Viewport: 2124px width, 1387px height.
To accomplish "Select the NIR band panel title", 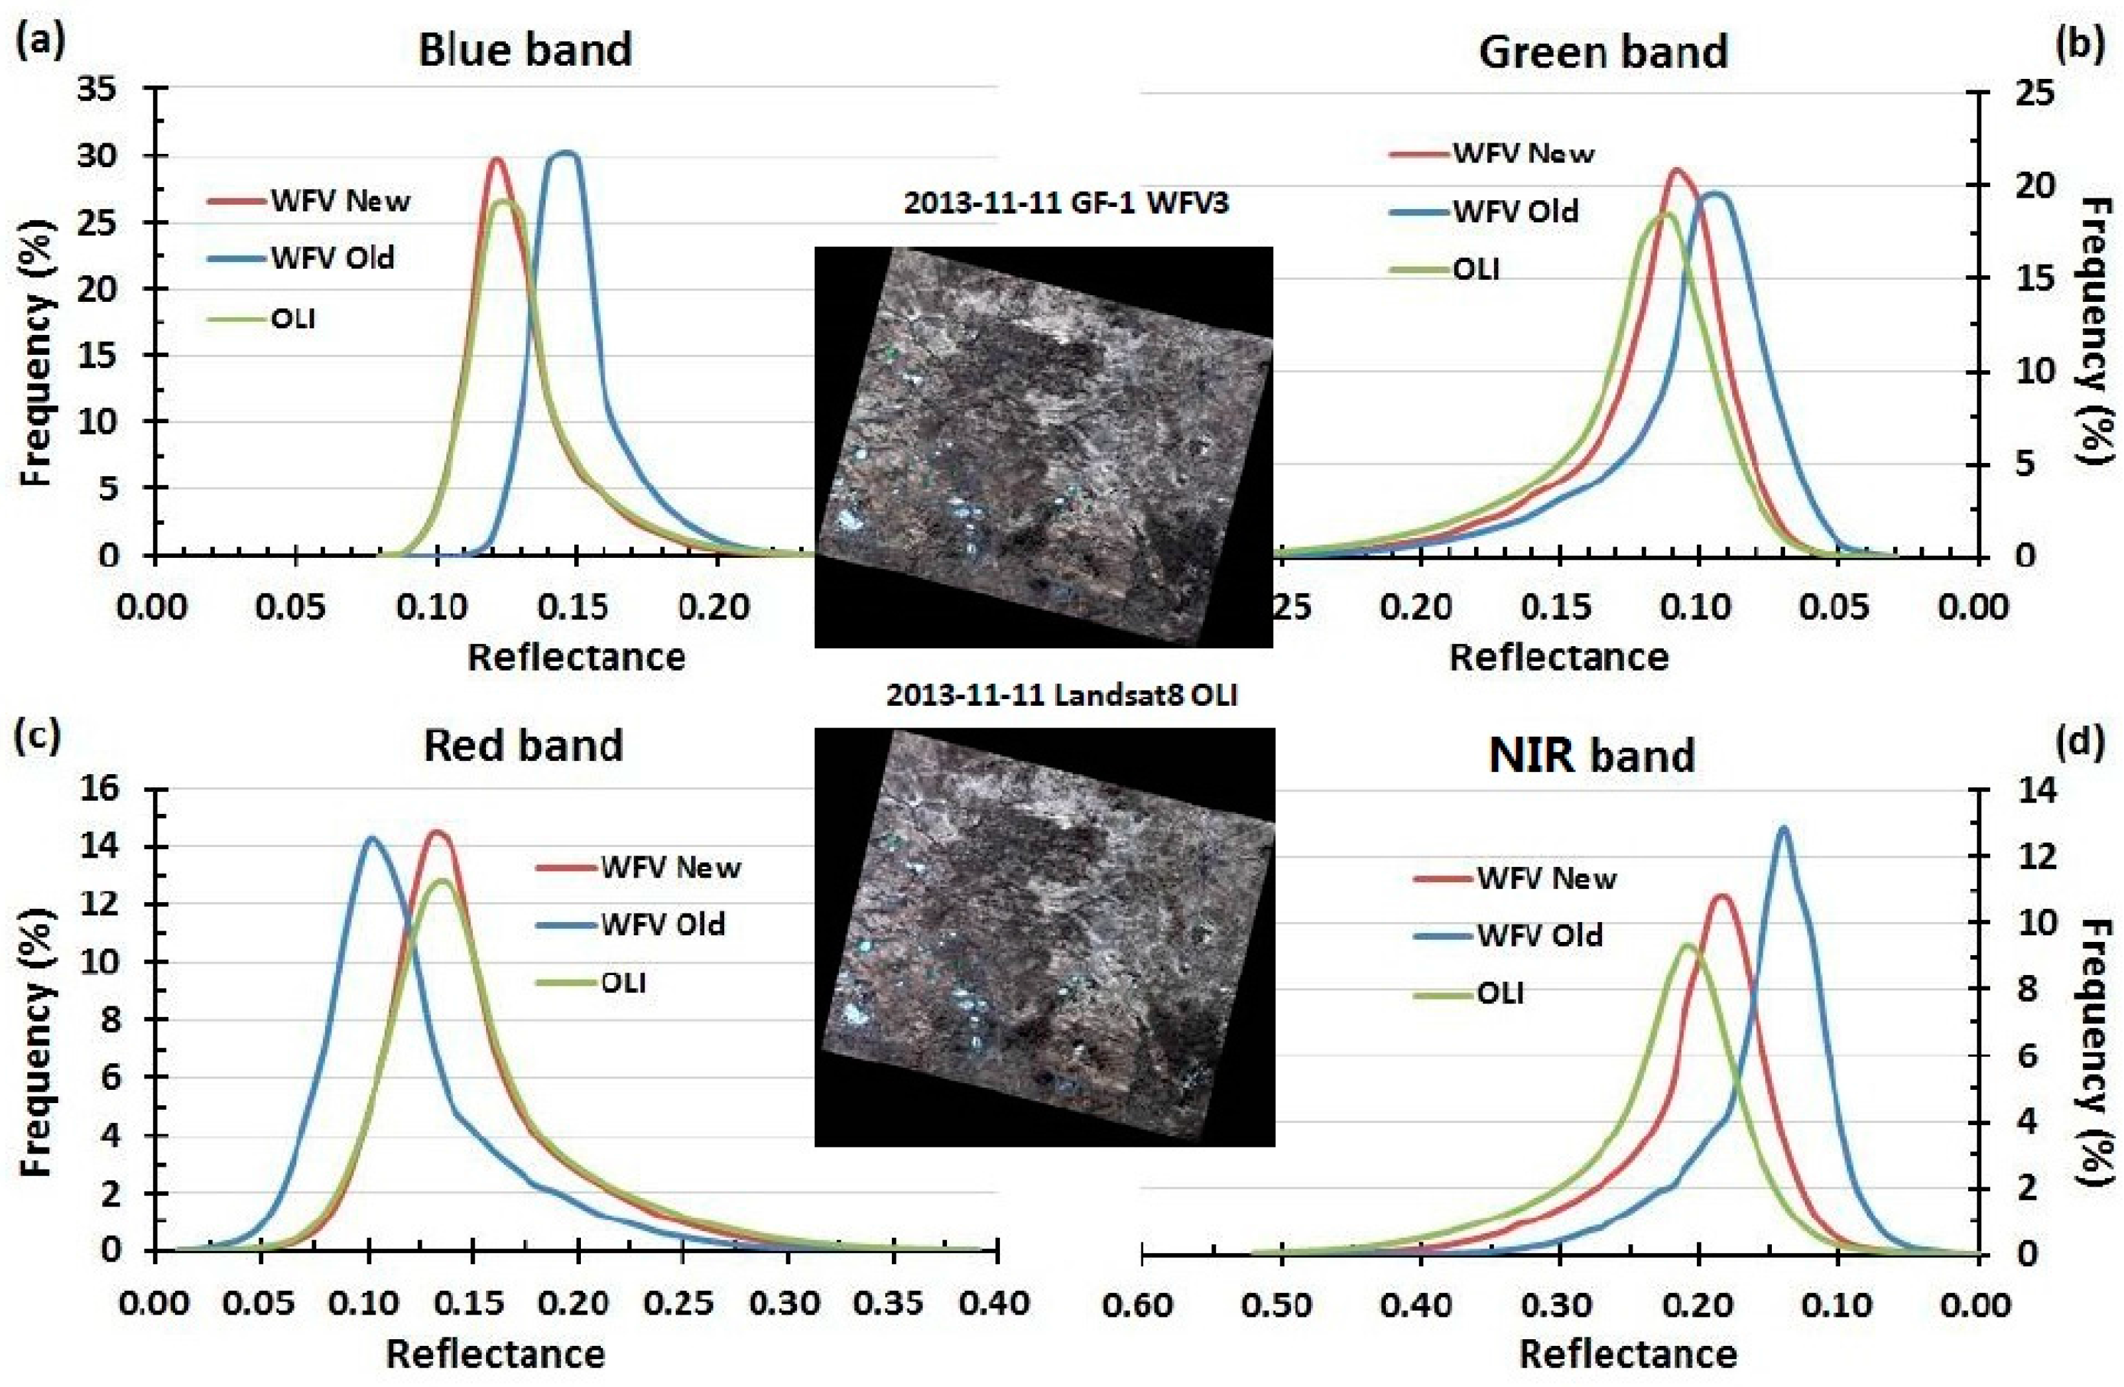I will point(1592,755).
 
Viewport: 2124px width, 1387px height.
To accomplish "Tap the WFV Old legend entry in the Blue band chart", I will point(332,259).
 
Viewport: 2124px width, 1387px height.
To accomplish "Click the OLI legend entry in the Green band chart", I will point(1476,269).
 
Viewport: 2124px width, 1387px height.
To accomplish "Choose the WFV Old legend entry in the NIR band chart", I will point(1540,935).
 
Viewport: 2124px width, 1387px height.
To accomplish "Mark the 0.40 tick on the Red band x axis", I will point(997,1304).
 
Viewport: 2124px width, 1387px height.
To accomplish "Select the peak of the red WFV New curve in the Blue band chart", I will point(497,160).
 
